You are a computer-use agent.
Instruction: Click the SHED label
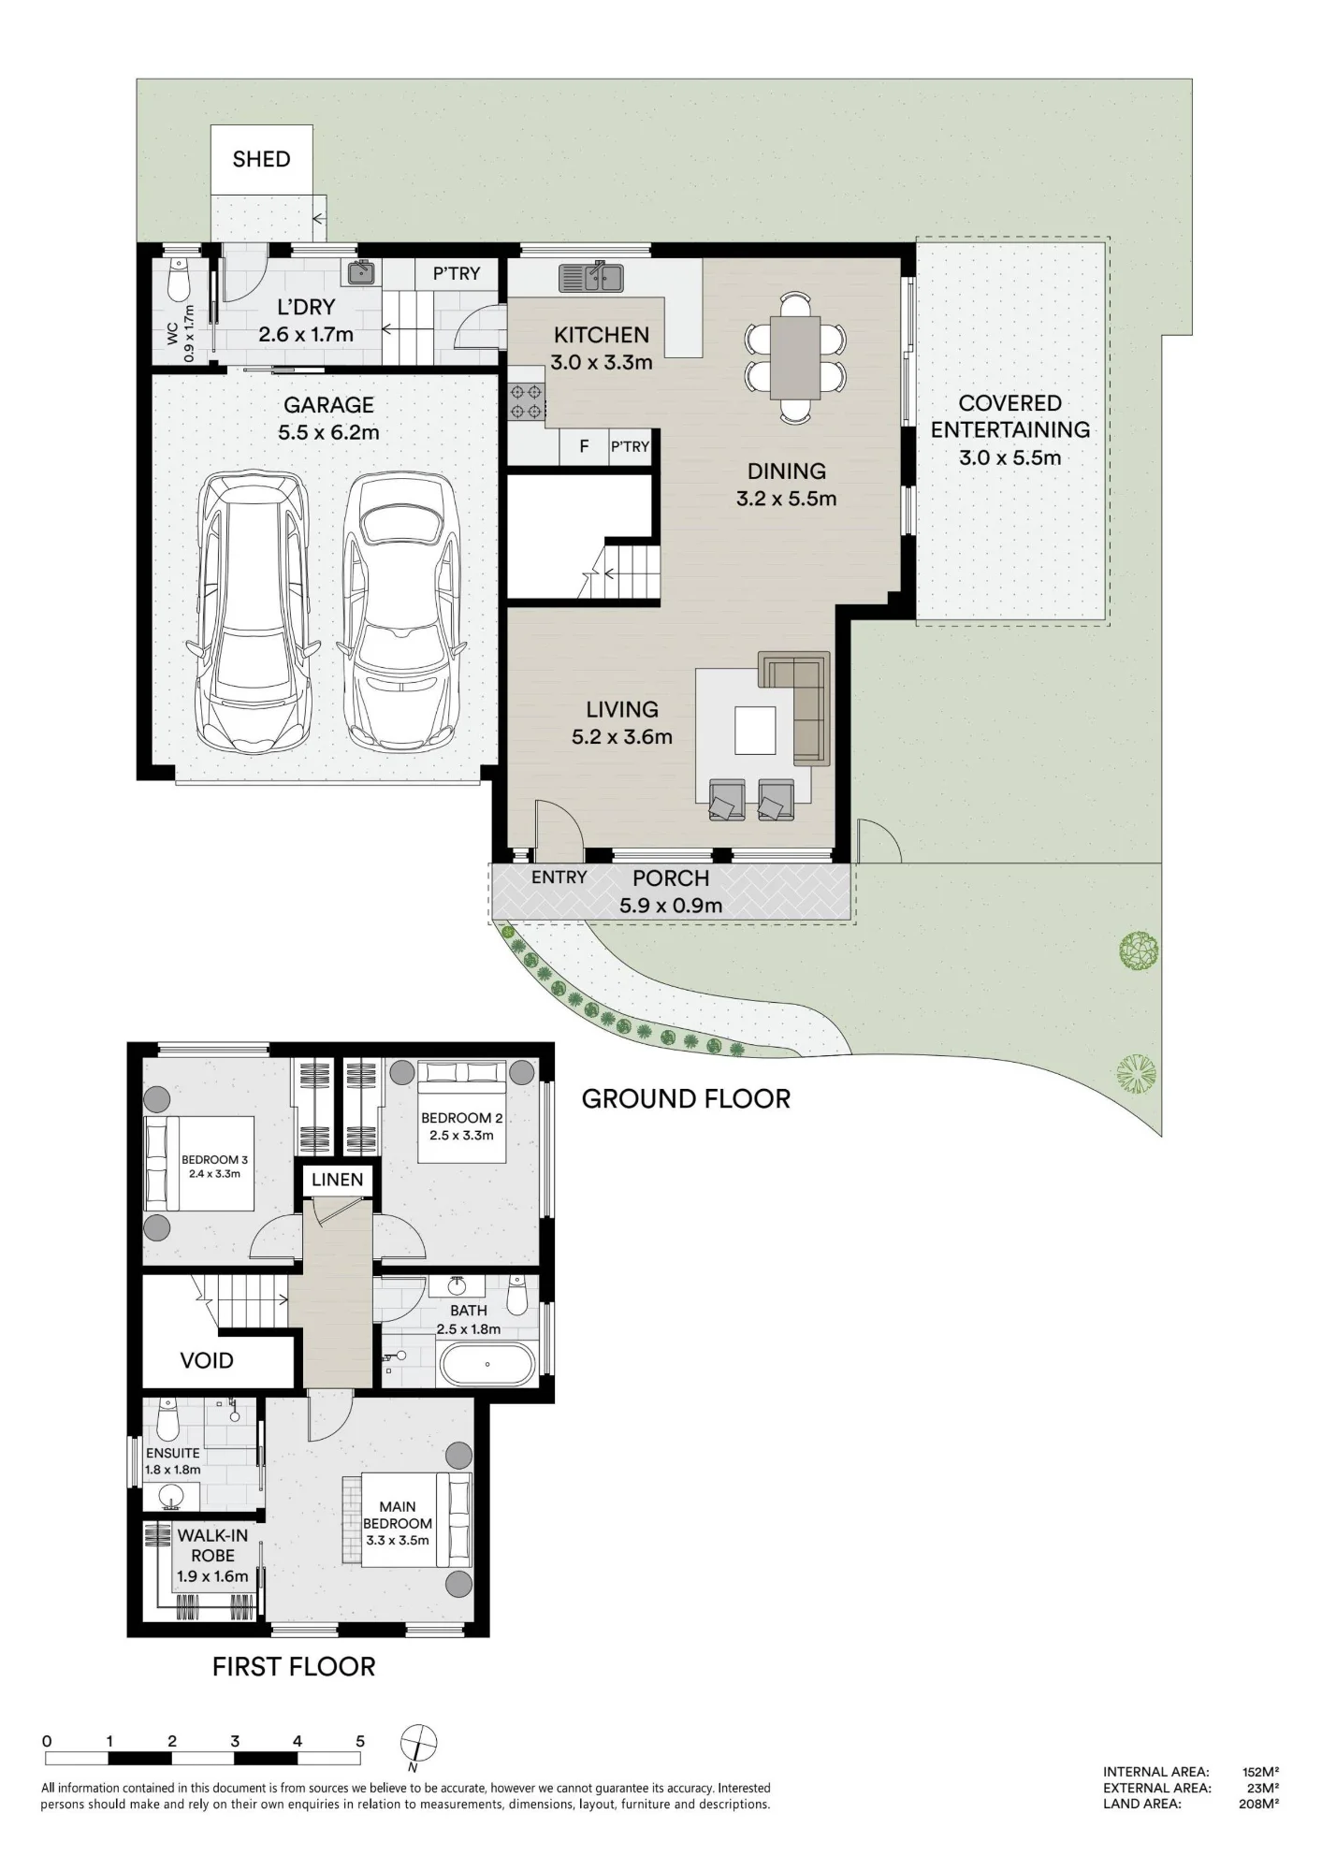tap(261, 159)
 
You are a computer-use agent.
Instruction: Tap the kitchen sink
tap(591, 278)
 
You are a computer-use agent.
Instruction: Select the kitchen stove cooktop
tap(527, 402)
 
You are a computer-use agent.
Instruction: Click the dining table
tap(795, 357)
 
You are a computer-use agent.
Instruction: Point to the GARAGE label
tap(328, 405)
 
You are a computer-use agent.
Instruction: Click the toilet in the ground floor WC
tap(178, 277)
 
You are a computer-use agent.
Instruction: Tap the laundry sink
tap(361, 272)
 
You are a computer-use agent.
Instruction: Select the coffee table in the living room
tap(755, 731)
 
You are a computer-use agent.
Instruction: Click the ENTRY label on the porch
tap(559, 877)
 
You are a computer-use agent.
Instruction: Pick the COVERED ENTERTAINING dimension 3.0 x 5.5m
tap(1010, 457)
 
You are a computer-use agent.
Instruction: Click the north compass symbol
tap(419, 1743)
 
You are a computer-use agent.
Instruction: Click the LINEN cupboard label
tap(337, 1180)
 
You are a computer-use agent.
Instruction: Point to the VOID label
tap(207, 1360)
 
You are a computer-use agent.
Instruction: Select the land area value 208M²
tap(1258, 1805)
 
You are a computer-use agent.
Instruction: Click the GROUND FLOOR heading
tap(686, 1098)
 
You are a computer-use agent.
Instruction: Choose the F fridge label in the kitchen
tap(584, 446)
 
